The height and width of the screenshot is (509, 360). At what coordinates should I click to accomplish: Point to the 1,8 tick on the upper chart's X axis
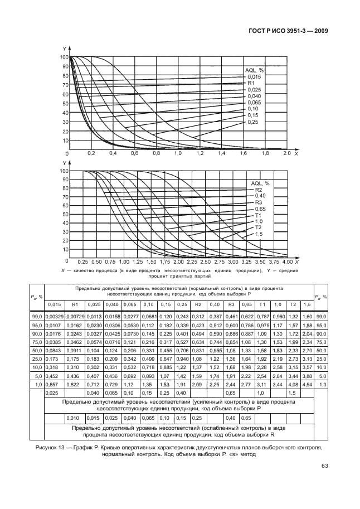pyautogui.click(x=264, y=152)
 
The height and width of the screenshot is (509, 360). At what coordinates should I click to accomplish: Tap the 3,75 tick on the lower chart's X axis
pyautogui.click(x=274, y=261)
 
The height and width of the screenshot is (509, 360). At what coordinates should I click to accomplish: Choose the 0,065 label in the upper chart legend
pyautogui.click(x=254, y=102)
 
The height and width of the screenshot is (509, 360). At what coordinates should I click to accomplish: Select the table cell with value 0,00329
pyautogui.click(x=55, y=317)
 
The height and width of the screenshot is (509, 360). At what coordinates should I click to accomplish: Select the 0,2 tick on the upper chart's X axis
pyautogui.click(x=91, y=152)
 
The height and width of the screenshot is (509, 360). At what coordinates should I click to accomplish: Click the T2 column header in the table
pyautogui.click(x=291, y=304)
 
